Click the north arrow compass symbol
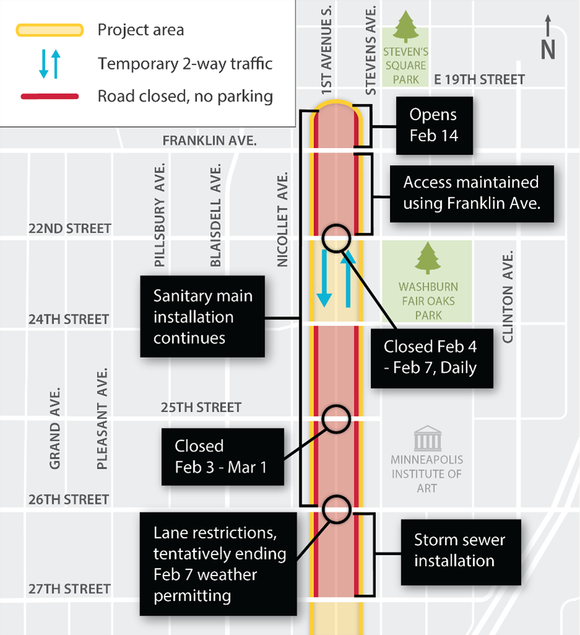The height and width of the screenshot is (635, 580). (547, 38)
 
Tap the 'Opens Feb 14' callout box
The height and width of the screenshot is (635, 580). (433, 125)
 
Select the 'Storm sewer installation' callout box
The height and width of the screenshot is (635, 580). (460, 550)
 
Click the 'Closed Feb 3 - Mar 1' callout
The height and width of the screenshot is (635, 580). (221, 456)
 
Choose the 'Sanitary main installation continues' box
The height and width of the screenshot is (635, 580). (203, 316)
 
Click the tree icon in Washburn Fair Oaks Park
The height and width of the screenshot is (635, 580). (428, 258)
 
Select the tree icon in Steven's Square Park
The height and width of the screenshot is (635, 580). (406, 27)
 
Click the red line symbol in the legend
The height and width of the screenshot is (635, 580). (50, 96)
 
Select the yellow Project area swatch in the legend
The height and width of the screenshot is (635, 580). (50, 30)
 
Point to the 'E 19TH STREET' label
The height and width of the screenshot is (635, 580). (479, 79)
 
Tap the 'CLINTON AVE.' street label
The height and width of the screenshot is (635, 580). (508, 297)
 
